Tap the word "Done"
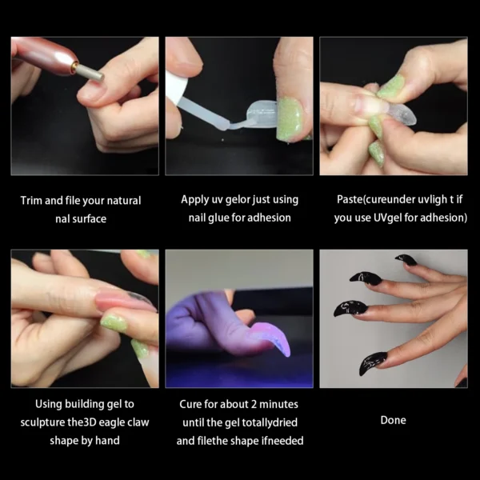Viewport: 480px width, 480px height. click(x=393, y=420)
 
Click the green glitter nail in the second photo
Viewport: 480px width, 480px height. click(x=289, y=120)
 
